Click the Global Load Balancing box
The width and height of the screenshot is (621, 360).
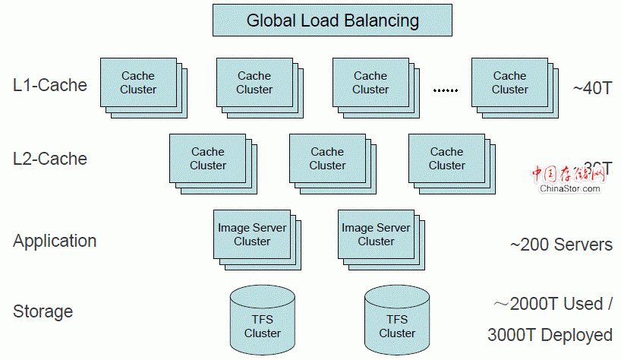coord(333,21)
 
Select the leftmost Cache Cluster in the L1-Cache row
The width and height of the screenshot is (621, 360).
coord(138,83)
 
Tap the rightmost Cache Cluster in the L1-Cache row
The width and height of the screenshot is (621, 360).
coord(509,83)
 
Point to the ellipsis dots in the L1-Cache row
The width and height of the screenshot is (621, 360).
coord(446,90)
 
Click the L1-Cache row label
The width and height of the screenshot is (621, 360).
coord(50,84)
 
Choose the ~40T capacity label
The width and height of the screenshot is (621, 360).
coord(593,88)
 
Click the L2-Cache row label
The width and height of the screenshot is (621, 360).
coord(50,159)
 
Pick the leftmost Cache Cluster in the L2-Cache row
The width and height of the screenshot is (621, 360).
coord(208,159)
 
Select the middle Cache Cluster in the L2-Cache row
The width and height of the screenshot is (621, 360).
coord(327,159)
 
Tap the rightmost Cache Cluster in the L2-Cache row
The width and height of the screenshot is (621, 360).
coord(446,159)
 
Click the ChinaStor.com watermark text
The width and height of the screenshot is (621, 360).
coord(570,188)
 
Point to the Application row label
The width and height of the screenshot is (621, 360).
coord(55,241)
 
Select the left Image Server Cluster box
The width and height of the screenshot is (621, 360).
coord(252,235)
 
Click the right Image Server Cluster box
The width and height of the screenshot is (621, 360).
coord(376,235)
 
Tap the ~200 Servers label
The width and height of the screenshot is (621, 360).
coord(561,245)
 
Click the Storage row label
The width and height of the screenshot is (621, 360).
coord(43,311)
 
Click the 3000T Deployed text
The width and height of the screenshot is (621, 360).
coord(550,335)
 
